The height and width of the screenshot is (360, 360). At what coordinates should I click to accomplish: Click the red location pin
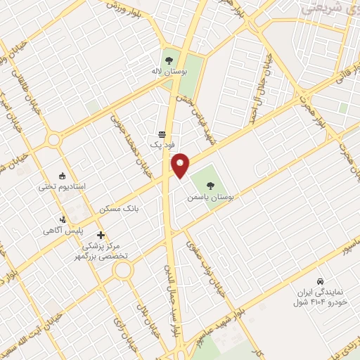pyautogui.click(x=181, y=165)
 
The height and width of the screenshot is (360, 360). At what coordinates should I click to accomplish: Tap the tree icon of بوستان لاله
pyautogui.click(x=168, y=59)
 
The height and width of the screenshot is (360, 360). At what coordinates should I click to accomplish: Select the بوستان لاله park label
pyautogui.click(x=168, y=72)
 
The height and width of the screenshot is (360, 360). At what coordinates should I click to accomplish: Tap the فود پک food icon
pyautogui.click(x=162, y=134)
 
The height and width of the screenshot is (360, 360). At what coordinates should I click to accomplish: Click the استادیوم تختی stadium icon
pyautogui.click(x=63, y=176)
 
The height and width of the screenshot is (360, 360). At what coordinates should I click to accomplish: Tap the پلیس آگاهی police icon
pyautogui.click(x=63, y=219)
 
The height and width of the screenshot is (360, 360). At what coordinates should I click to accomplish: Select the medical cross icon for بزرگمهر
pyautogui.click(x=101, y=235)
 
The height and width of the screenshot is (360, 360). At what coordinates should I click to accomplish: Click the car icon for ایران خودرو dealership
pyautogui.click(x=320, y=281)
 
